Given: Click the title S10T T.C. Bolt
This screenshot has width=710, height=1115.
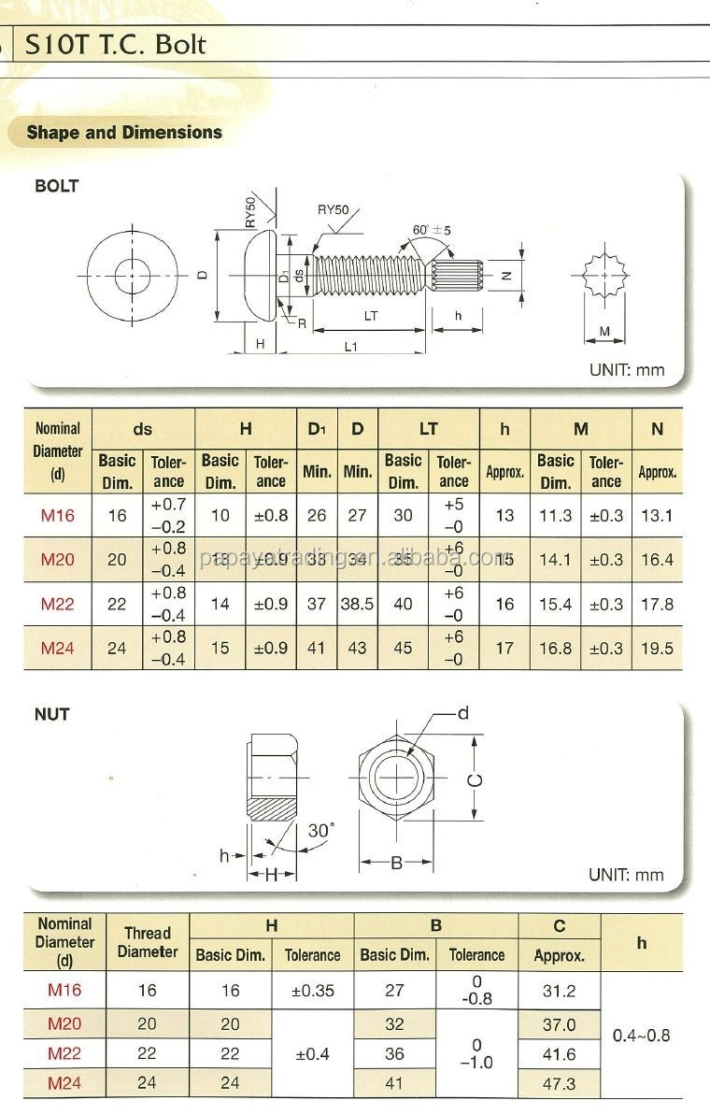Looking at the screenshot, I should (x=115, y=44).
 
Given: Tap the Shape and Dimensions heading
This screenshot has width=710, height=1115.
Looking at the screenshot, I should (x=124, y=133).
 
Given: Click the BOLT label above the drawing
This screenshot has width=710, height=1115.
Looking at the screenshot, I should (x=56, y=186).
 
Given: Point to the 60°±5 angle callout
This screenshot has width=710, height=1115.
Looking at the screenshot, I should (x=432, y=230).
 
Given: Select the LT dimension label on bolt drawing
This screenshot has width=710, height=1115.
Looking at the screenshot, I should (x=370, y=316).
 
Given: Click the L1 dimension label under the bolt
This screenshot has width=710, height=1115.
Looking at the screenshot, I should (x=350, y=346).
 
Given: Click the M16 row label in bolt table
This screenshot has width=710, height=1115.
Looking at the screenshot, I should (x=57, y=515).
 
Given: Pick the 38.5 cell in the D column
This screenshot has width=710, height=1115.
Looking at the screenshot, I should (x=357, y=604).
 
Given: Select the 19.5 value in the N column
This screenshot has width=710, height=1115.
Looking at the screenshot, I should (x=657, y=648).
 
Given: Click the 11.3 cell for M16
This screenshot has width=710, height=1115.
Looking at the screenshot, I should (x=555, y=515).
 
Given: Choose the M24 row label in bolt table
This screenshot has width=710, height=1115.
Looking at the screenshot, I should (x=57, y=648).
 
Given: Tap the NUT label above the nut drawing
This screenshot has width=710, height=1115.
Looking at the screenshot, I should (x=52, y=714).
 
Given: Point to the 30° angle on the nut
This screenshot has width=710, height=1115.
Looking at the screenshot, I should (x=320, y=830).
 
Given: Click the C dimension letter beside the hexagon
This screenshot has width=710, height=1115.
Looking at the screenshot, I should (x=475, y=779).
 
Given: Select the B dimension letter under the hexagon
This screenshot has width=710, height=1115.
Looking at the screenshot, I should (x=396, y=863).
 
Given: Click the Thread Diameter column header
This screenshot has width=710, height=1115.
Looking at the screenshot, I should (x=148, y=942).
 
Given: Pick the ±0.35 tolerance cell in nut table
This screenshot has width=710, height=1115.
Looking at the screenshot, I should (x=312, y=991).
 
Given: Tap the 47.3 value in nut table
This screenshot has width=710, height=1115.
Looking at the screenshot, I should (x=559, y=1083).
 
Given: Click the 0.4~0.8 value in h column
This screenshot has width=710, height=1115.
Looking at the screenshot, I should (x=641, y=1036).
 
